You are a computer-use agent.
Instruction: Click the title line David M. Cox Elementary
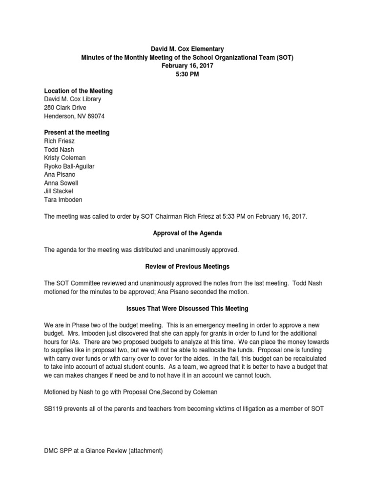pyautogui.click(x=187, y=49)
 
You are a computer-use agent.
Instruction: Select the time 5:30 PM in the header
pyautogui.click(x=187, y=74)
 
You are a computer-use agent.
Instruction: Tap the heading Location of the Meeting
pyautogui.click(x=79, y=91)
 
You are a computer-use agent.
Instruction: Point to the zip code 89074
pyautogui.click(x=96, y=116)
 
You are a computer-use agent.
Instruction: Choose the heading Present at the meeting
pyautogui.click(x=77, y=133)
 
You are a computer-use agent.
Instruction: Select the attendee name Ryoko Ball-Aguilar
pyautogui.click(x=69, y=166)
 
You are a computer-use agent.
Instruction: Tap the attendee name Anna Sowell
pyautogui.click(x=61, y=182)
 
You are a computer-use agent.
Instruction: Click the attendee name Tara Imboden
pyautogui.click(x=63, y=200)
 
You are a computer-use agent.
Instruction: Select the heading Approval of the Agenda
pyautogui.click(x=187, y=233)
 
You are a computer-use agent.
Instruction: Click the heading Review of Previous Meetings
pyautogui.click(x=187, y=267)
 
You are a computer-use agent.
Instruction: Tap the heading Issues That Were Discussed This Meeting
pyautogui.click(x=187, y=309)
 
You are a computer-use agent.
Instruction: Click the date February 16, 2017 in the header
pyautogui.click(x=187, y=66)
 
